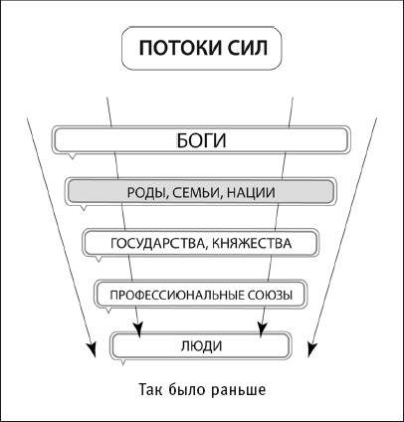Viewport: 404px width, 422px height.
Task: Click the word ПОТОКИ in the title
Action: (179, 48)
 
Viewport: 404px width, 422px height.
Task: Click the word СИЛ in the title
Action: (248, 48)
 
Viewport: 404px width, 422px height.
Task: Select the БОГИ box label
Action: (201, 140)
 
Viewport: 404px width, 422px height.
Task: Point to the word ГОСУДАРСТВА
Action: (156, 243)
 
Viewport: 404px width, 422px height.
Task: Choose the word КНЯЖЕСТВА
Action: (252, 243)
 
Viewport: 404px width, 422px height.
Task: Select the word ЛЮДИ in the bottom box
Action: (201, 346)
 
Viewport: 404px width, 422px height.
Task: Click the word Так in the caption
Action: (149, 389)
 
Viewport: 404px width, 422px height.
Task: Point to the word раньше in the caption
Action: (239, 389)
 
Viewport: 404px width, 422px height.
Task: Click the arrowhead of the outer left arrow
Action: (92, 349)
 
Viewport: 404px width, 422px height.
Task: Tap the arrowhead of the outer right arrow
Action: (311, 349)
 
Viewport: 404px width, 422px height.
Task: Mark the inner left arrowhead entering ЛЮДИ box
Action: (138, 329)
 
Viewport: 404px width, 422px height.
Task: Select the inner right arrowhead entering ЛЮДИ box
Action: (262, 329)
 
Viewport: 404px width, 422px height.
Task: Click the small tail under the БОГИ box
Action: (72, 156)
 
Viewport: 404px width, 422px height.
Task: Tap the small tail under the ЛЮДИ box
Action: (122, 362)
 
